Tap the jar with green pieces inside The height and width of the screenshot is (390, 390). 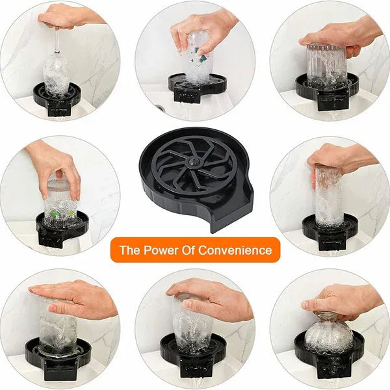click(62, 198)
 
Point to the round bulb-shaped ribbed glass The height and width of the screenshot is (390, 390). click(328, 335)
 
